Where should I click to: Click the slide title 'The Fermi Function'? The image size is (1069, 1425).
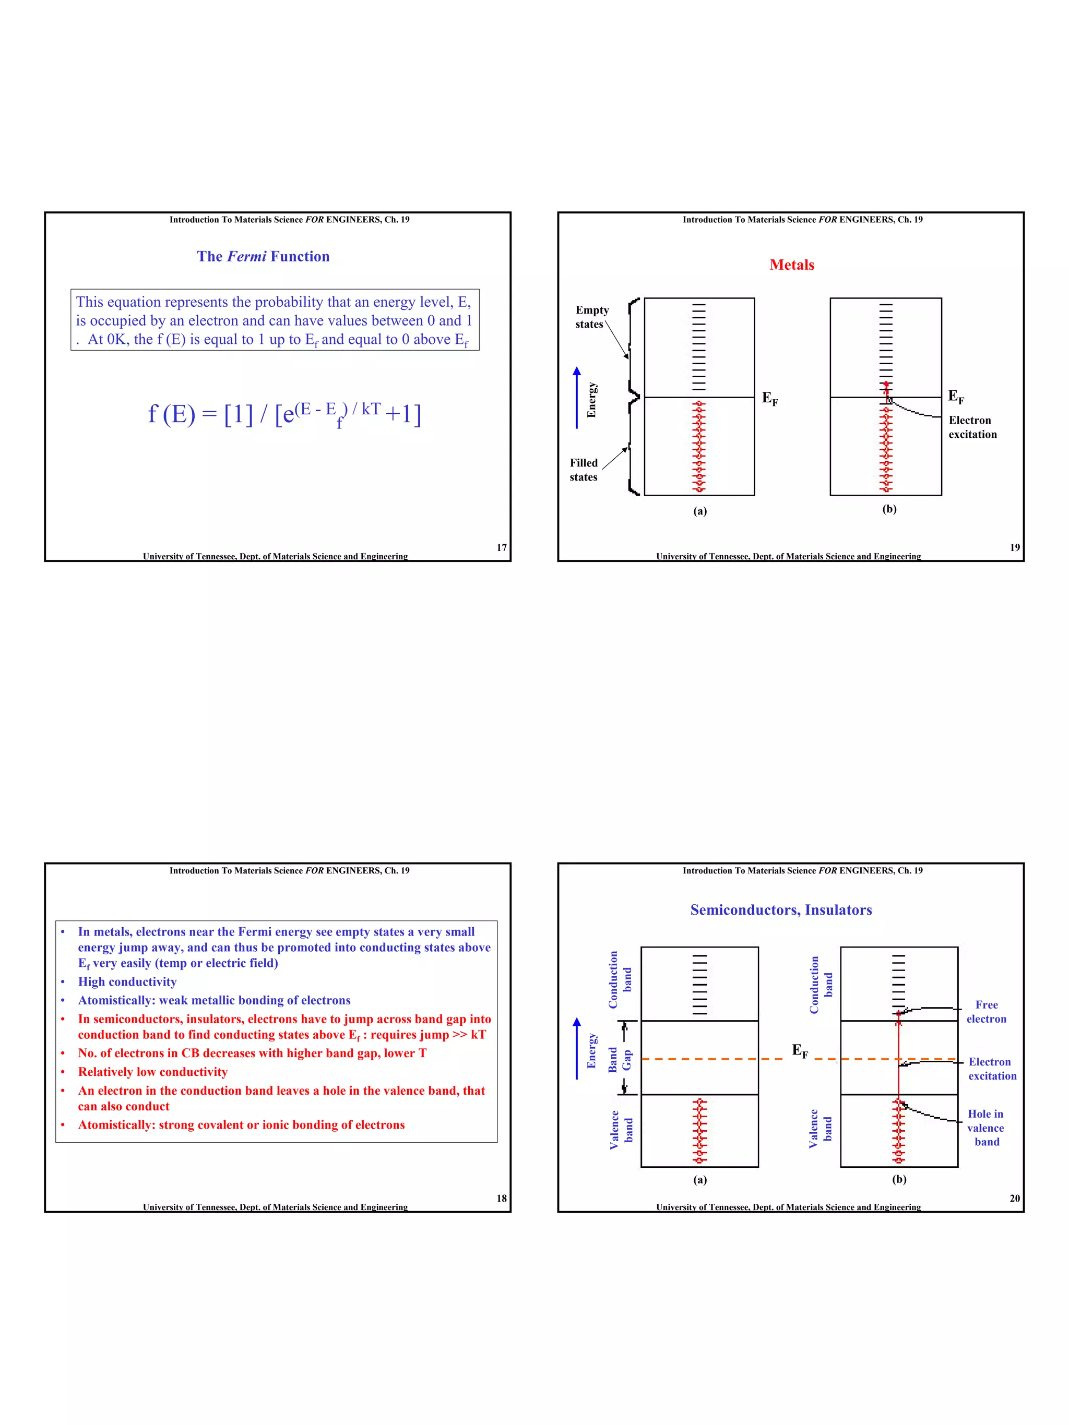click(x=263, y=256)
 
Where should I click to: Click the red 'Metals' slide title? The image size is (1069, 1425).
click(x=791, y=265)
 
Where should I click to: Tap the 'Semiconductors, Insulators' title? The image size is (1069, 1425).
click(x=780, y=909)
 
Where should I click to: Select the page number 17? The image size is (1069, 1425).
click(x=501, y=547)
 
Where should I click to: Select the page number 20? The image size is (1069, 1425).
click(x=1014, y=1198)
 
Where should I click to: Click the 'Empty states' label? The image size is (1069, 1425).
click(x=591, y=317)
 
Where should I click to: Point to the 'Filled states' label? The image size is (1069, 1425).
click(x=583, y=470)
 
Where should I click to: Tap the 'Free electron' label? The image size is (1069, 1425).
click(x=986, y=1011)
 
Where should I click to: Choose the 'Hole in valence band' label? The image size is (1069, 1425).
click(x=985, y=1128)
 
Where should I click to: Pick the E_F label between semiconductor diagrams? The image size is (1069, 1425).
click(x=800, y=1051)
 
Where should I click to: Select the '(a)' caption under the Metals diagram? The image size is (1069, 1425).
click(x=700, y=511)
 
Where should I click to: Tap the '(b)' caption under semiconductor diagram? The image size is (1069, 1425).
click(x=899, y=1179)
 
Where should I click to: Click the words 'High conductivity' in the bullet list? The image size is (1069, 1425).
click(x=127, y=982)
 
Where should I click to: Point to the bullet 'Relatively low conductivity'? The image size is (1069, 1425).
click(x=153, y=1072)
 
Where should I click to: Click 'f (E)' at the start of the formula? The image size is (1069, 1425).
click(x=171, y=414)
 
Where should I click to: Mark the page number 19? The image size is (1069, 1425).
click(x=1014, y=547)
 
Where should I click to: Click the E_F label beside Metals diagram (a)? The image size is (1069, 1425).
click(x=769, y=398)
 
